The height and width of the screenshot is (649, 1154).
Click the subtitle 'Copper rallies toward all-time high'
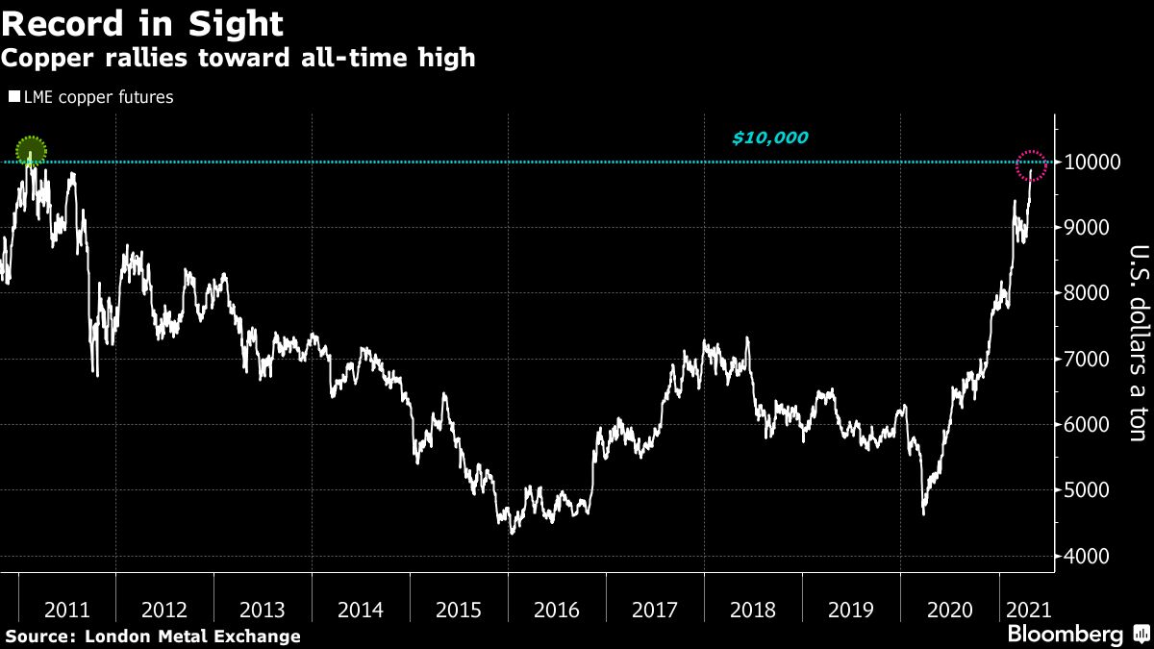click(x=238, y=59)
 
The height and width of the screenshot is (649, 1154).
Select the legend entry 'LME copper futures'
click(x=91, y=97)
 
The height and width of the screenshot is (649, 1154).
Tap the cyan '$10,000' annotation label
click(x=769, y=138)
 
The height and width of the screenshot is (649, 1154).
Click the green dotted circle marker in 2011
click(x=31, y=151)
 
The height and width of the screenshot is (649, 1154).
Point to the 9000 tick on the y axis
click(x=1090, y=228)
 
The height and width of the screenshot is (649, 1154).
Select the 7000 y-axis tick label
click(x=1090, y=360)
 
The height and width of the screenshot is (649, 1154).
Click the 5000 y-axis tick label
click(x=1090, y=490)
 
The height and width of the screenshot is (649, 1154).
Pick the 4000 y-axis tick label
click(x=1090, y=557)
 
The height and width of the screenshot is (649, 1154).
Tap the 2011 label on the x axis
click(x=66, y=610)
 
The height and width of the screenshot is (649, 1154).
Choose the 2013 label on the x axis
click(x=263, y=610)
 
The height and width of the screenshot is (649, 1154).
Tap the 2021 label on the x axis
click(x=1027, y=610)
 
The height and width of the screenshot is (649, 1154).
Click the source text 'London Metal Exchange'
click(x=192, y=637)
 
